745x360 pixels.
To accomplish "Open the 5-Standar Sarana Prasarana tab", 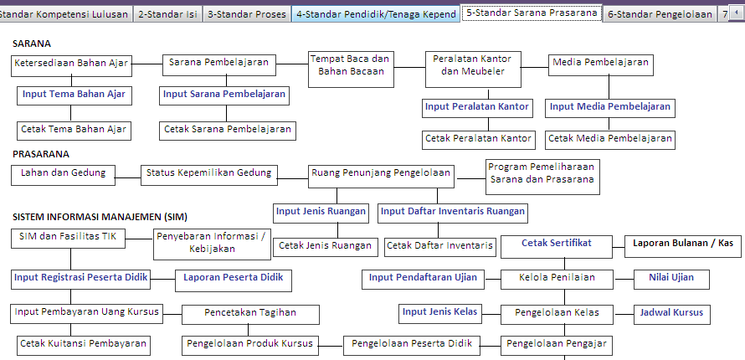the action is (x=532, y=13).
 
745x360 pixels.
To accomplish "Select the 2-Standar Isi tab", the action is (x=167, y=14).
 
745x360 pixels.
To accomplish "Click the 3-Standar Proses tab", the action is (x=246, y=14).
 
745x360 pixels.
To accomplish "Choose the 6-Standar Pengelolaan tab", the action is (x=659, y=14).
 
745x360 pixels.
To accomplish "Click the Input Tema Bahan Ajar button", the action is (x=74, y=95).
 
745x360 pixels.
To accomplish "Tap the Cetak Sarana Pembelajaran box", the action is (x=228, y=130).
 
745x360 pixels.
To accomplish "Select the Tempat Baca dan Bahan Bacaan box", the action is (x=351, y=65).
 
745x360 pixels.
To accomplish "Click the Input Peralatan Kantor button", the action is (x=477, y=107).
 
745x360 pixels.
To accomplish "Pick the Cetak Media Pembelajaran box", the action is (x=610, y=139).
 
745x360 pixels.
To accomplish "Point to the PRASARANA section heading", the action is (x=41, y=154).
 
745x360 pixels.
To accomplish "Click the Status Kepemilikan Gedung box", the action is (x=209, y=173).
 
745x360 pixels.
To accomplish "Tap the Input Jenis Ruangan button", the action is (x=321, y=212).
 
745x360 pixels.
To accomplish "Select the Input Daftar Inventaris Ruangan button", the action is (x=453, y=212).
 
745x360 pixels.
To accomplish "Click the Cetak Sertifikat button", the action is (x=557, y=244).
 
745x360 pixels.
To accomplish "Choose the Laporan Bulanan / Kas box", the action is (x=683, y=244).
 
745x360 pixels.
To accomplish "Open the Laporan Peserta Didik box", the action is (x=233, y=278).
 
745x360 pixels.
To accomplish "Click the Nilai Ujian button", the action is (x=671, y=278).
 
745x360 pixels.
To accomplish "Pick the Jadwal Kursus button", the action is (x=671, y=313).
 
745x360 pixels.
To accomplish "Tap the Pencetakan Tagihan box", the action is (x=250, y=313).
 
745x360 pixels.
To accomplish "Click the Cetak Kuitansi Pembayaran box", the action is (x=83, y=343).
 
